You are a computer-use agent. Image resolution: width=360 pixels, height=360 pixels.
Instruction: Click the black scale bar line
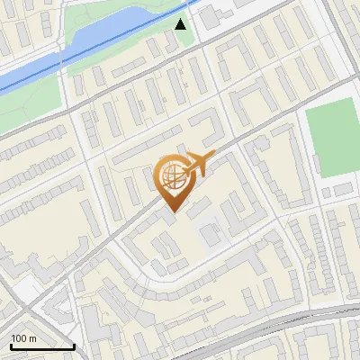click(42, 346)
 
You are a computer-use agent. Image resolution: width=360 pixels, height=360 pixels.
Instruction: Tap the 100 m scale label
click(24, 338)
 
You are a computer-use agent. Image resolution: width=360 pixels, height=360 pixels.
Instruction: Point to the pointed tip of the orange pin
click(172, 211)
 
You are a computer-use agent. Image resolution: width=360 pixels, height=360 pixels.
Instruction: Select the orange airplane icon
click(197, 164)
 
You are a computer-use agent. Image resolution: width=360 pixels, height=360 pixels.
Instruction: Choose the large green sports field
click(332, 140)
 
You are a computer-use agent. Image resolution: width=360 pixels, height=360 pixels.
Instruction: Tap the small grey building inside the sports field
click(344, 188)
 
